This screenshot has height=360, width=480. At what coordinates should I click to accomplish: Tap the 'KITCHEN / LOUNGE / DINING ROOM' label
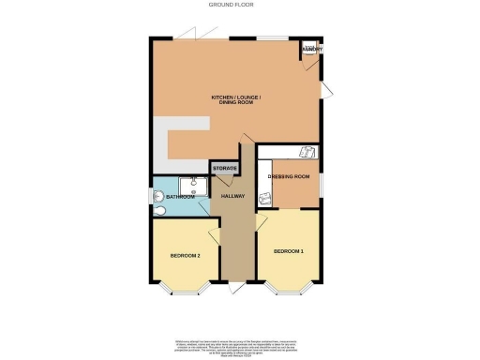tap(235, 100)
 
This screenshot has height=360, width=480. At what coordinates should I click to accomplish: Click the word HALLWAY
tap(232, 197)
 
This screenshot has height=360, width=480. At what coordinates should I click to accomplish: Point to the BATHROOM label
tap(180, 198)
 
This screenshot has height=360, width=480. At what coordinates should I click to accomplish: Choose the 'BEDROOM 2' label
tap(185, 255)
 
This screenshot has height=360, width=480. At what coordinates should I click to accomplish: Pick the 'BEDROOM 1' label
tap(289, 251)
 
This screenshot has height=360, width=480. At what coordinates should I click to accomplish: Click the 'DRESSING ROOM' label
tap(289, 176)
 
